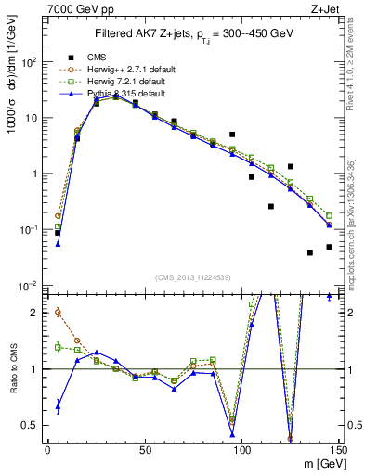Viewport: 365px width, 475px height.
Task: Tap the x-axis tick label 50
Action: click(x=144, y=451)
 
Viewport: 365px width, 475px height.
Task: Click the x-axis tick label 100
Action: click(x=241, y=451)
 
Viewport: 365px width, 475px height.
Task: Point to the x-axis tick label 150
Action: click(x=338, y=451)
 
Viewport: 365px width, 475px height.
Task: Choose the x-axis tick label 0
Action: click(x=47, y=451)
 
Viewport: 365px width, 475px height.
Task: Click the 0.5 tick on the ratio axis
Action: click(x=33, y=425)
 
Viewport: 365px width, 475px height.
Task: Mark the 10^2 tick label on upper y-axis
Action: click(x=30, y=62)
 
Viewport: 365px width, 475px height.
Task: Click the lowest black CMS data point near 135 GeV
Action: click(x=310, y=252)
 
